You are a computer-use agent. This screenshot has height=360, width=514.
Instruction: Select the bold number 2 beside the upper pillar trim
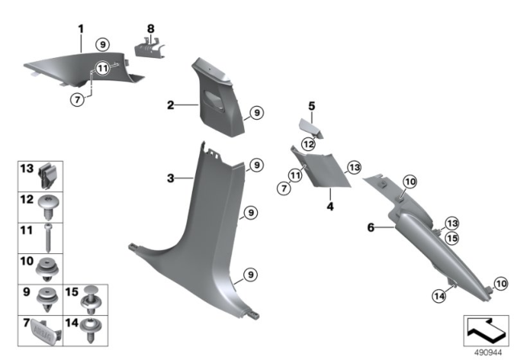pos(170,105)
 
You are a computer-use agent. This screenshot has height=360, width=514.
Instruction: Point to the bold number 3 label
pos(170,178)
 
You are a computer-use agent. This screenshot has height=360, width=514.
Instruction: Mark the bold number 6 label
pos(371,228)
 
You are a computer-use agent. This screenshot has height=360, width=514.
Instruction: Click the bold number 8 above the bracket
pos(149,30)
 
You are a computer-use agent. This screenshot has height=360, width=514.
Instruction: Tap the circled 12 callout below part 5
pos(308,143)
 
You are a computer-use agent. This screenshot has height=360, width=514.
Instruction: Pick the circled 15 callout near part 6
pos(452,239)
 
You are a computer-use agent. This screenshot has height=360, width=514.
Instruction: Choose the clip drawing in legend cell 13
pos(49,173)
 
